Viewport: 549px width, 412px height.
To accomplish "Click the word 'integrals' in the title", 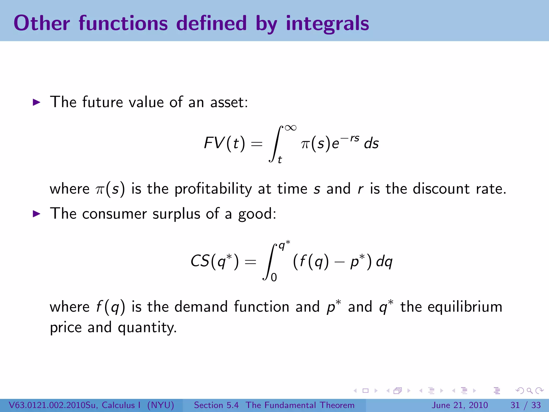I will pos(327,24).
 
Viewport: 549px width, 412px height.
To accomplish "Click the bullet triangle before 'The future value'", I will pos(36,102).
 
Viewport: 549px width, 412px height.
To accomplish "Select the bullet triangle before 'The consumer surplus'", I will pos(36,214).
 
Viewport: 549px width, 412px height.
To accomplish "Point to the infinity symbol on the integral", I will pos(291,128).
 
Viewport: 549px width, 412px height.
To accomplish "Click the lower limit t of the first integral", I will pos(280,160).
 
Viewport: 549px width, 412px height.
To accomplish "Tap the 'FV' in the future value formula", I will pos(214,143).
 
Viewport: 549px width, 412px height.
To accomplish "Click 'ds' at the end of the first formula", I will pos(371,143).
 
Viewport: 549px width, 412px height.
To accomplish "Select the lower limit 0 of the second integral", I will pos(274,277).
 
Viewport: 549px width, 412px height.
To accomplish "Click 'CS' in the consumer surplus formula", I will pos(200,261).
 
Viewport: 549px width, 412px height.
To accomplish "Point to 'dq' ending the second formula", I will pos(384,261).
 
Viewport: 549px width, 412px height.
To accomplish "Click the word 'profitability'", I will pos(213,189).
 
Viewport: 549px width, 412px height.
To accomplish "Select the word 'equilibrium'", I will pos(465,307).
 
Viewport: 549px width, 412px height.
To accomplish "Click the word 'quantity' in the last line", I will pos(147,328).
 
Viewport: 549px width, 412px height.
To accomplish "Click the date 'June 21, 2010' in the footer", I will pos(459,405).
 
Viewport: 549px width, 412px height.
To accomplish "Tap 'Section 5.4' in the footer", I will pos(216,405).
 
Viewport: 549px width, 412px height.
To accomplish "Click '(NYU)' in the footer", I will pos(161,405).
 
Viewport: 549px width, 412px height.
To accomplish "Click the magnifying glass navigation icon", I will pos(529,391).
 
